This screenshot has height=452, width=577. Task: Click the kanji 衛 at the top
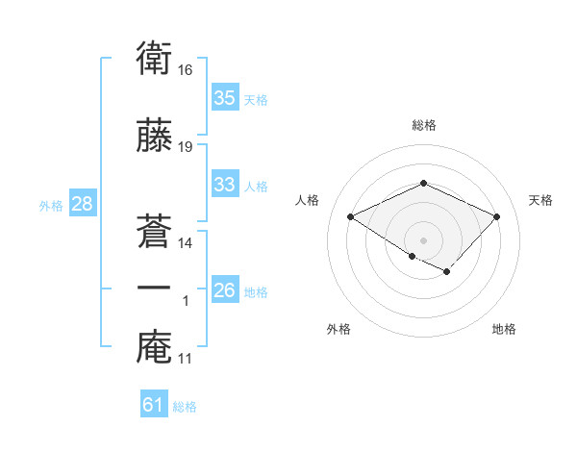click(154, 59)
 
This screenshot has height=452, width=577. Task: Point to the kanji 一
click(154, 288)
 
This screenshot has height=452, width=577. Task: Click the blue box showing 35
click(225, 98)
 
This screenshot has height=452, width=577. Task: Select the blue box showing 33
click(225, 185)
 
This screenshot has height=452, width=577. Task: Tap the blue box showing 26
click(225, 290)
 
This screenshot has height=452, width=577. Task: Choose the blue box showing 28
click(82, 204)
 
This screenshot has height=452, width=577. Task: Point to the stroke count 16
click(187, 70)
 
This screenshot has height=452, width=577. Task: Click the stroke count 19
click(187, 147)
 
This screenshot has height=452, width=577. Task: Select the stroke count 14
click(187, 242)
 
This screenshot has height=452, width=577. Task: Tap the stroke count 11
click(187, 359)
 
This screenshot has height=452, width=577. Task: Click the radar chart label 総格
click(423, 125)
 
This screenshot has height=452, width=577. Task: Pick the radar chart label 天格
click(540, 200)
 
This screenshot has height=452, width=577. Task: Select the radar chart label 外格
click(339, 329)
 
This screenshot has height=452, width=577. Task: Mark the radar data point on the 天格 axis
click(496, 216)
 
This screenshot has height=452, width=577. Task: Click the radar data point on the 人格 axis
click(351, 216)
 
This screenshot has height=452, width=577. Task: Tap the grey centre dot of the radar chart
click(423, 239)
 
